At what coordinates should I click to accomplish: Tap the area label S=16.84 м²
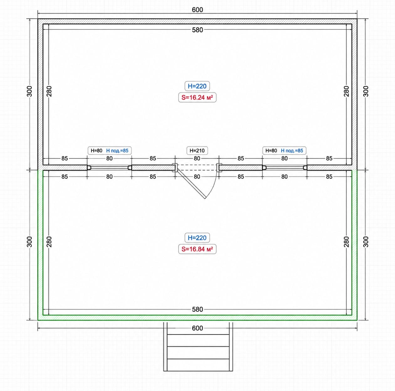pyautogui.click(x=197, y=249)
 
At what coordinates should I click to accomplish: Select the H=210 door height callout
pyautogui.click(x=197, y=151)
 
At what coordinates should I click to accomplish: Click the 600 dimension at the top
pyautogui.click(x=197, y=10)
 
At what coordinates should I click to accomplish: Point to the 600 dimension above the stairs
pyautogui.click(x=197, y=328)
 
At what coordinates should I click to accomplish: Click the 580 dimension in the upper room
pyautogui.click(x=197, y=30)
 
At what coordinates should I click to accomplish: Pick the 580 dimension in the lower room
pyautogui.click(x=197, y=309)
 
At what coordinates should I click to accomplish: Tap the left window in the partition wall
pyautogui.click(x=109, y=168)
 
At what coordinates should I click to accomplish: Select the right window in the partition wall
pyautogui.click(x=284, y=168)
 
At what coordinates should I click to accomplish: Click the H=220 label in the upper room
pyautogui.click(x=197, y=86)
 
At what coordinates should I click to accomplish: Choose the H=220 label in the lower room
pyautogui.click(x=197, y=238)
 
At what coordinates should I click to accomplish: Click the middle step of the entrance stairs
pyautogui.click(x=198, y=353)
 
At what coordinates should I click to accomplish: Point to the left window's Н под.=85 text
pyautogui.click(x=117, y=151)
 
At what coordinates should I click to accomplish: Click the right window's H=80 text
pyautogui.click(x=271, y=151)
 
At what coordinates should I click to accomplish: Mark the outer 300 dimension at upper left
pyautogui.click(x=29, y=91)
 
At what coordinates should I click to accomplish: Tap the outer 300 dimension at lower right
pyautogui.click(x=366, y=242)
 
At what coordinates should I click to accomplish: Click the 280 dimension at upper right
pyautogui.click(x=346, y=91)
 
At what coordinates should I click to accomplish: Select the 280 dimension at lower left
pyautogui.click(x=49, y=242)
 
